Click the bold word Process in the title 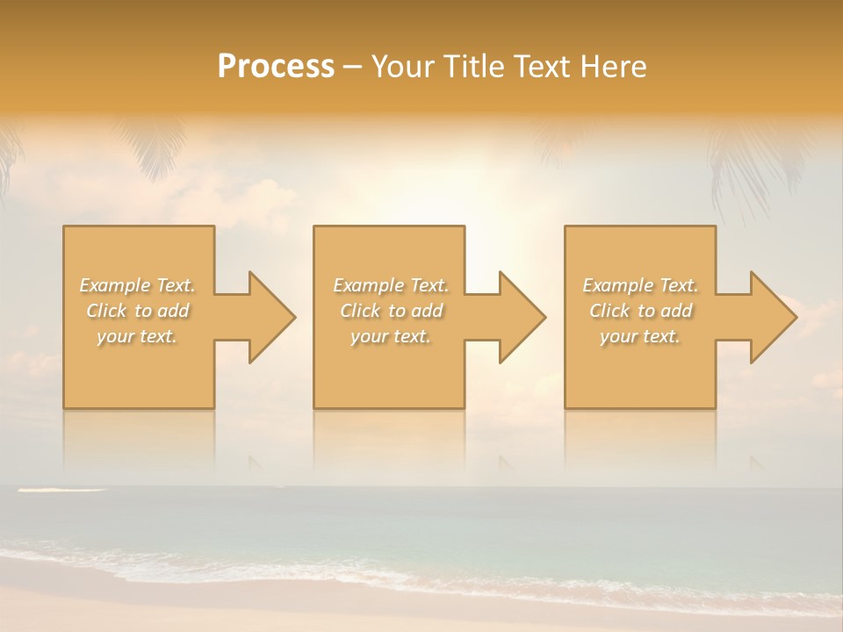(276, 67)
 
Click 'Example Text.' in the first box (138, 285)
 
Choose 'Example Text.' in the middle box (391, 285)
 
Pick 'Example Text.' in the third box (640, 285)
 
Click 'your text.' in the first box (137, 336)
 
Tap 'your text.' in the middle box (391, 336)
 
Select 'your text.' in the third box (640, 336)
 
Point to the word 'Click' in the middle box (360, 311)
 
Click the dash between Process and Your (353, 67)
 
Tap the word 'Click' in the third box (610, 311)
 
